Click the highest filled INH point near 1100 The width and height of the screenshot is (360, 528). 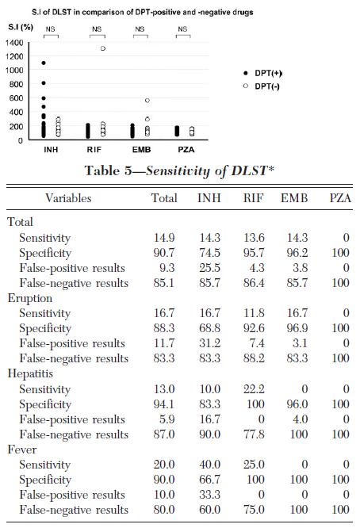[x=44, y=63]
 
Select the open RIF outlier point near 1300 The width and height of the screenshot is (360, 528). [x=103, y=48]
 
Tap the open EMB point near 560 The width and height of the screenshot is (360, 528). [x=147, y=101]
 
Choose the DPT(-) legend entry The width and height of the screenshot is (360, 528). [x=262, y=86]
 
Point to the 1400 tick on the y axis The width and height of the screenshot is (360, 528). [x=14, y=43]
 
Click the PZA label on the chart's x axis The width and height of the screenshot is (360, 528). [x=186, y=150]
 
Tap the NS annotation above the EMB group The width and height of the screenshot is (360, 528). [x=140, y=29]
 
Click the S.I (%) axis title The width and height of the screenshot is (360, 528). [x=21, y=27]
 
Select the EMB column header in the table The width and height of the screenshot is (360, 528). [x=294, y=198]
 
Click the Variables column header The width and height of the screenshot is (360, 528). [x=68, y=198]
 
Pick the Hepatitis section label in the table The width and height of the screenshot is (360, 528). [x=30, y=373]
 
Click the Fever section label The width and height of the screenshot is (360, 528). [x=22, y=450]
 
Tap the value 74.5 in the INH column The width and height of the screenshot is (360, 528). [x=209, y=253]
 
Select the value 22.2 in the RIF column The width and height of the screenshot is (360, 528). [x=254, y=389]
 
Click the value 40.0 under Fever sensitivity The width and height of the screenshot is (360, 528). [x=209, y=465]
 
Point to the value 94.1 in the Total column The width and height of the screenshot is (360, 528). [x=164, y=404]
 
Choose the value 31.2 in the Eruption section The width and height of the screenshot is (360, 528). [x=209, y=343]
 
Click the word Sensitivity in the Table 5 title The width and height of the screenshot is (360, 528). [x=178, y=171]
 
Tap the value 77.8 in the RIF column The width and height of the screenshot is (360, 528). [x=254, y=434]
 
